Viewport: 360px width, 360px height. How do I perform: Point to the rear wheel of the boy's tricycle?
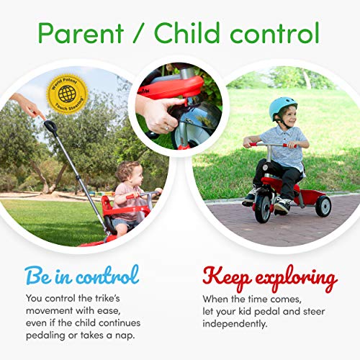click(323, 206)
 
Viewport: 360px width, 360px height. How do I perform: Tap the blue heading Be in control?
click(81, 275)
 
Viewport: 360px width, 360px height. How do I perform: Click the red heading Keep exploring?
click(270, 278)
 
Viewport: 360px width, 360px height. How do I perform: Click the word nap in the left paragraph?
click(131, 335)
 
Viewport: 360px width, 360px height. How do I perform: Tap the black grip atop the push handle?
click(50, 127)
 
